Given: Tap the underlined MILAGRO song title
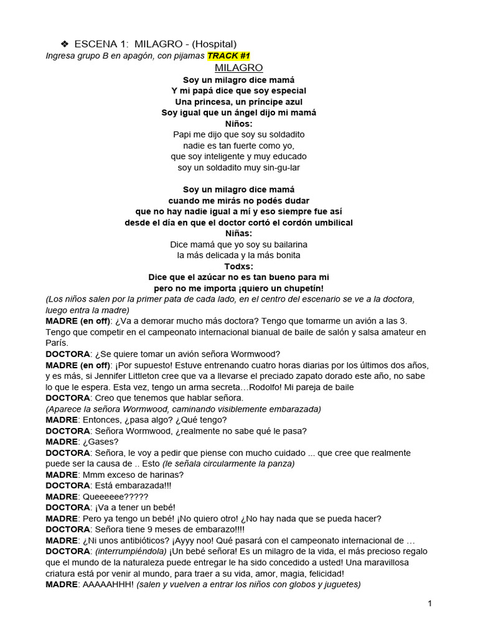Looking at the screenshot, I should [239, 68].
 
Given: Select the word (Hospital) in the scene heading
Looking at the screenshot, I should [214, 44].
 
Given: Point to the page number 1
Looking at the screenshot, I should [429, 603].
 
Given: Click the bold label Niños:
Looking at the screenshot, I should [239, 124].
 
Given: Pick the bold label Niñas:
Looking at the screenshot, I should [239, 233].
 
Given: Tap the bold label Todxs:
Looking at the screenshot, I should [239, 266].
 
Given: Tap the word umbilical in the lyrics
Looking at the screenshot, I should [331, 223].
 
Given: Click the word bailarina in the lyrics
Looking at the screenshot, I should [285, 244].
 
